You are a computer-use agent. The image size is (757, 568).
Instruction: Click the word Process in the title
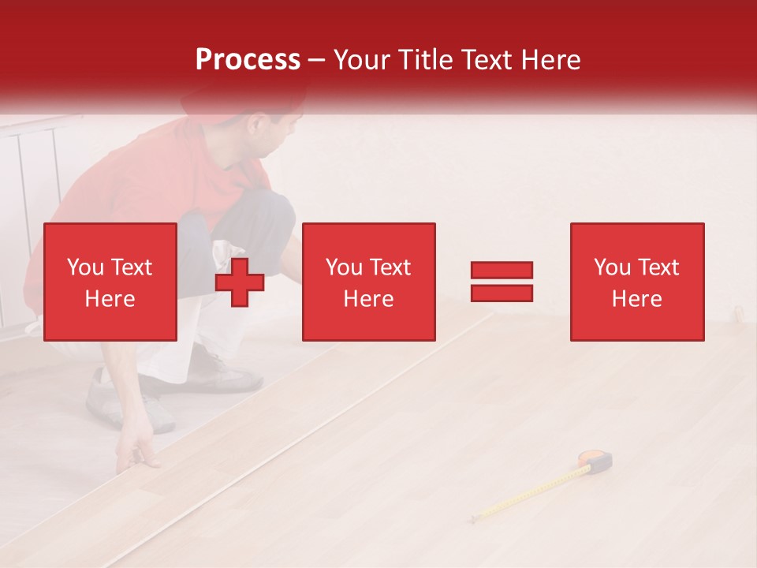click(248, 60)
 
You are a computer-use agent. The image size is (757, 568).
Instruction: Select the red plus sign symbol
click(240, 282)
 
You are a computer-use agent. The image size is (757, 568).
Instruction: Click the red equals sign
click(502, 282)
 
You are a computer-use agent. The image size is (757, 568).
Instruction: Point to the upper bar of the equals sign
click(502, 270)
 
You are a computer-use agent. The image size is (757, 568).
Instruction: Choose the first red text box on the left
click(110, 282)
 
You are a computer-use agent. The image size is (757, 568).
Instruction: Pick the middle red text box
click(368, 282)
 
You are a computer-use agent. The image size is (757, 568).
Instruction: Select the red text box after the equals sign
click(636, 282)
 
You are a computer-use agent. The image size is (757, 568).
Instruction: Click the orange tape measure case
click(597, 460)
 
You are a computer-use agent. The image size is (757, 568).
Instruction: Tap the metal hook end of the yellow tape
click(472, 518)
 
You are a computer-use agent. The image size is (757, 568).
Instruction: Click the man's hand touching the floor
click(138, 454)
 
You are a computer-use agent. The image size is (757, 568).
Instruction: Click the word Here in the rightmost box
click(636, 299)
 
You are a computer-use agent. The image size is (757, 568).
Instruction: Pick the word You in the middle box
click(343, 267)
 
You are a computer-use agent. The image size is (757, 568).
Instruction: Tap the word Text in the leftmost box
click(131, 267)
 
